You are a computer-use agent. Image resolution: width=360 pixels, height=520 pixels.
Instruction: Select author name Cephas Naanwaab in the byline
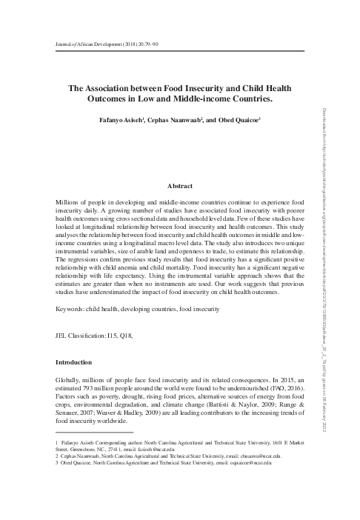tap(195, 120)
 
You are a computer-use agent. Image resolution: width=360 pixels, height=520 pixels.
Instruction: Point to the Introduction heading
tap(74, 363)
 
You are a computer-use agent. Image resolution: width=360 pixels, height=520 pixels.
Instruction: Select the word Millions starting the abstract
tap(70, 201)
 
